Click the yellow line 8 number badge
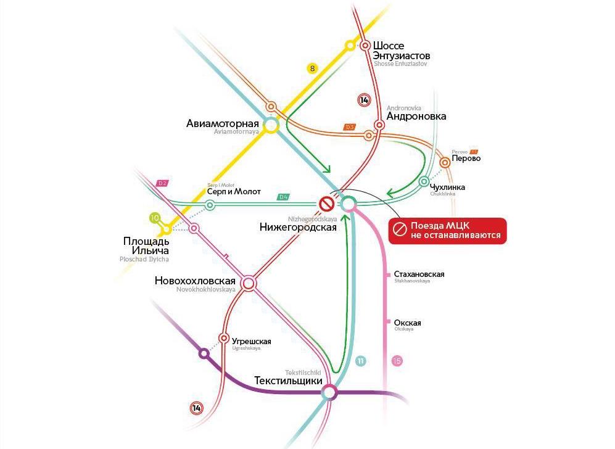(313, 68)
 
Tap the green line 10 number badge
(155, 218)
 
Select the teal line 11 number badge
(360, 361)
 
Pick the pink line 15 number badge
(397, 361)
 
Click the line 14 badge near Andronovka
(365, 101)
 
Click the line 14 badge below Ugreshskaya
(197, 408)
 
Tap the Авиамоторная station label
(223, 123)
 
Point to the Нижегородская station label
(298, 228)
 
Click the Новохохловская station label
(196, 281)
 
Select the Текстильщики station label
(288, 381)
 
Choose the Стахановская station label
(419, 274)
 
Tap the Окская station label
(407, 323)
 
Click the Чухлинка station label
(448, 187)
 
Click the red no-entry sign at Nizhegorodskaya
(326, 204)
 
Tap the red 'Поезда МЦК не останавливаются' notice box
(447, 231)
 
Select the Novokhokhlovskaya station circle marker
(249, 283)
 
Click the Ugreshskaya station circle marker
(224, 337)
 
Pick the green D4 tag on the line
(284, 197)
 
